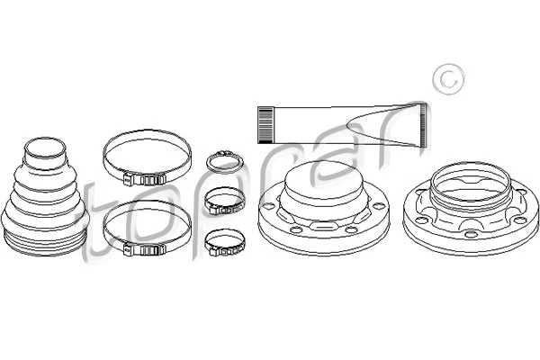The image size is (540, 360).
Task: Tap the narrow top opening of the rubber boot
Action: coord(42,146)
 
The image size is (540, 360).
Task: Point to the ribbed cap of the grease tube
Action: coord(265,123)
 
